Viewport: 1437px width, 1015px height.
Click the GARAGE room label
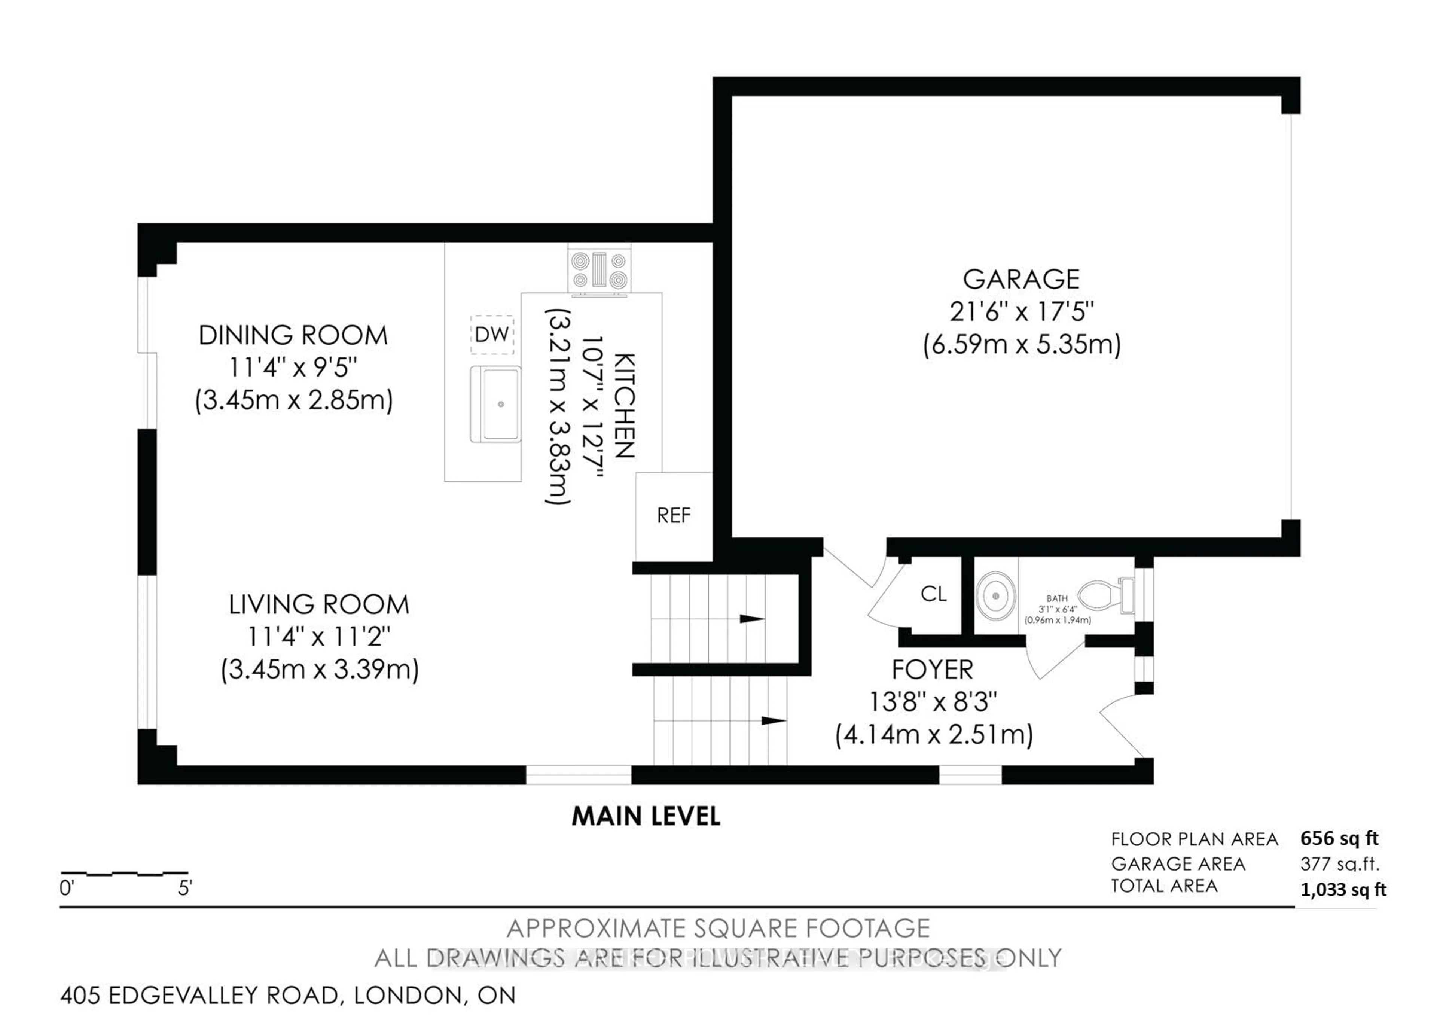[1021, 279]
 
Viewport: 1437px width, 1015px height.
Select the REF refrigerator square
[674, 516]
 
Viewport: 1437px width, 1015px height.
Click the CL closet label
[933, 594]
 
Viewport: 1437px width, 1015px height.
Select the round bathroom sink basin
[995, 596]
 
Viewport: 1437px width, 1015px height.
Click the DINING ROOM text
[293, 335]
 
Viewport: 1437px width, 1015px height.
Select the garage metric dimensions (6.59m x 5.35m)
[1021, 345]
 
